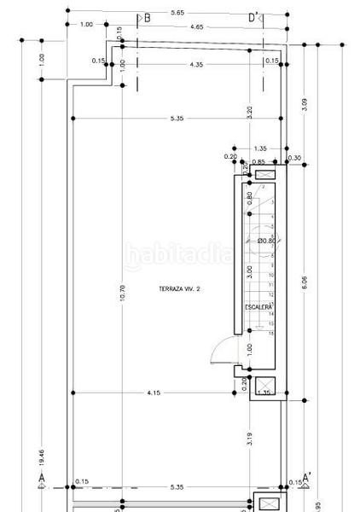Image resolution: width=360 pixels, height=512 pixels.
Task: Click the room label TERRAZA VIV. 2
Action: (178, 289)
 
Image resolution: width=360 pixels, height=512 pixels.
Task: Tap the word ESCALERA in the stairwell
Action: (259, 305)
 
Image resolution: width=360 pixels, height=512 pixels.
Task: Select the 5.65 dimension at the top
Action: (177, 13)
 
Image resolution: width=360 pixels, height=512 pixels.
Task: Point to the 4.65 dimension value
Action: (197, 26)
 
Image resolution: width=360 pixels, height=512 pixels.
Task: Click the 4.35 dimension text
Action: (197, 65)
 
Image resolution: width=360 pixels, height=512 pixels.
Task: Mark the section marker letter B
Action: (146, 17)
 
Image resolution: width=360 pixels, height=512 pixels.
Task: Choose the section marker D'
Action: (254, 17)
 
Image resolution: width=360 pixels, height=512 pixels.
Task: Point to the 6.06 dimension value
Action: (305, 282)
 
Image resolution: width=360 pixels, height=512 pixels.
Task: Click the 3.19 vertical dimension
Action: (248, 440)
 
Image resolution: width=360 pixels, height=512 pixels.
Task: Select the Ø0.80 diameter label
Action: (266, 241)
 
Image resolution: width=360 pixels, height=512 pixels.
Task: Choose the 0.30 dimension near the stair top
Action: (295, 158)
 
